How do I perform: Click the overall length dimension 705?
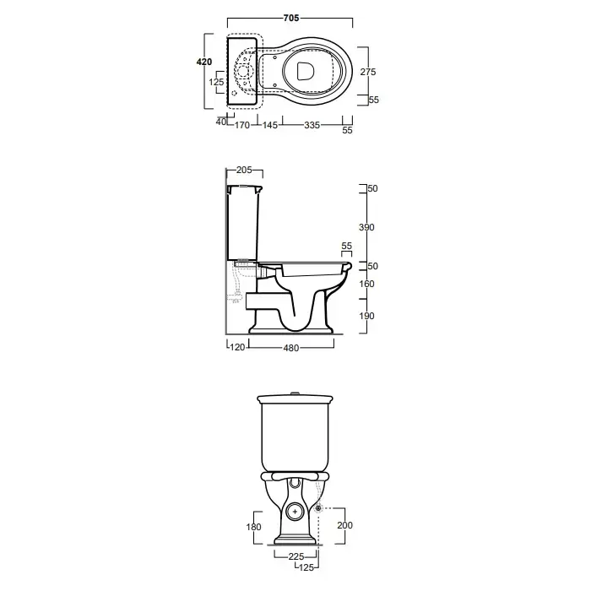pyautogui.click(x=291, y=18)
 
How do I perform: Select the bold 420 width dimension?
pyautogui.click(x=204, y=62)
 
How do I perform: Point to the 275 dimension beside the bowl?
pyautogui.click(x=368, y=72)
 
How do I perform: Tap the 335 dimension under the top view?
pyautogui.click(x=312, y=125)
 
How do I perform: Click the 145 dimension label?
pyautogui.click(x=270, y=125)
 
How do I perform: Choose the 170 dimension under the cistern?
pyautogui.click(x=242, y=125)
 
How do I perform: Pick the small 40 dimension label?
pyautogui.click(x=221, y=122)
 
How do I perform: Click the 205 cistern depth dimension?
pyautogui.click(x=244, y=170)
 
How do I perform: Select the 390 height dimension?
pyautogui.click(x=366, y=227)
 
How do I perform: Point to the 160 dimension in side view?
pyautogui.click(x=366, y=284)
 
